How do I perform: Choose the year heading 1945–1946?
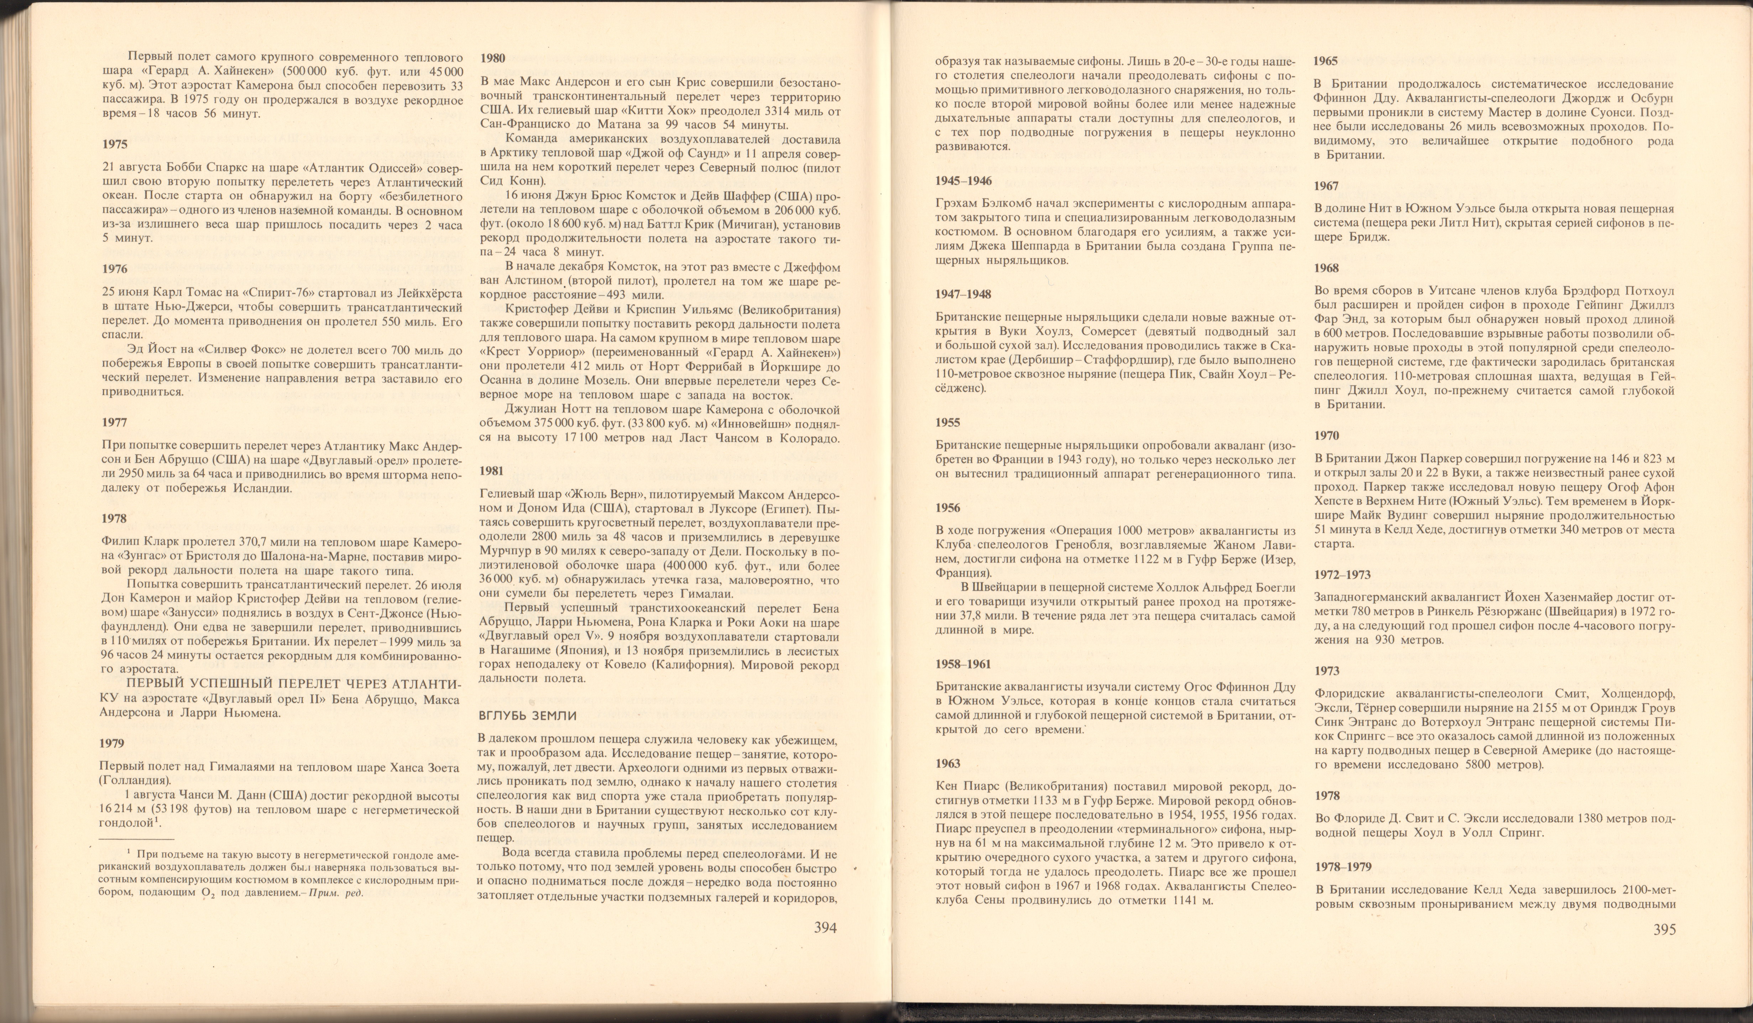click(x=964, y=181)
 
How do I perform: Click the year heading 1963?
click(x=948, y=764)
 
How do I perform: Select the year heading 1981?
click(x=492, y=471)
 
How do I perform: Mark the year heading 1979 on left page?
click(x=112, y=744)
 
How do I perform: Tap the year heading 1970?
click(x=1326, y=436)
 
